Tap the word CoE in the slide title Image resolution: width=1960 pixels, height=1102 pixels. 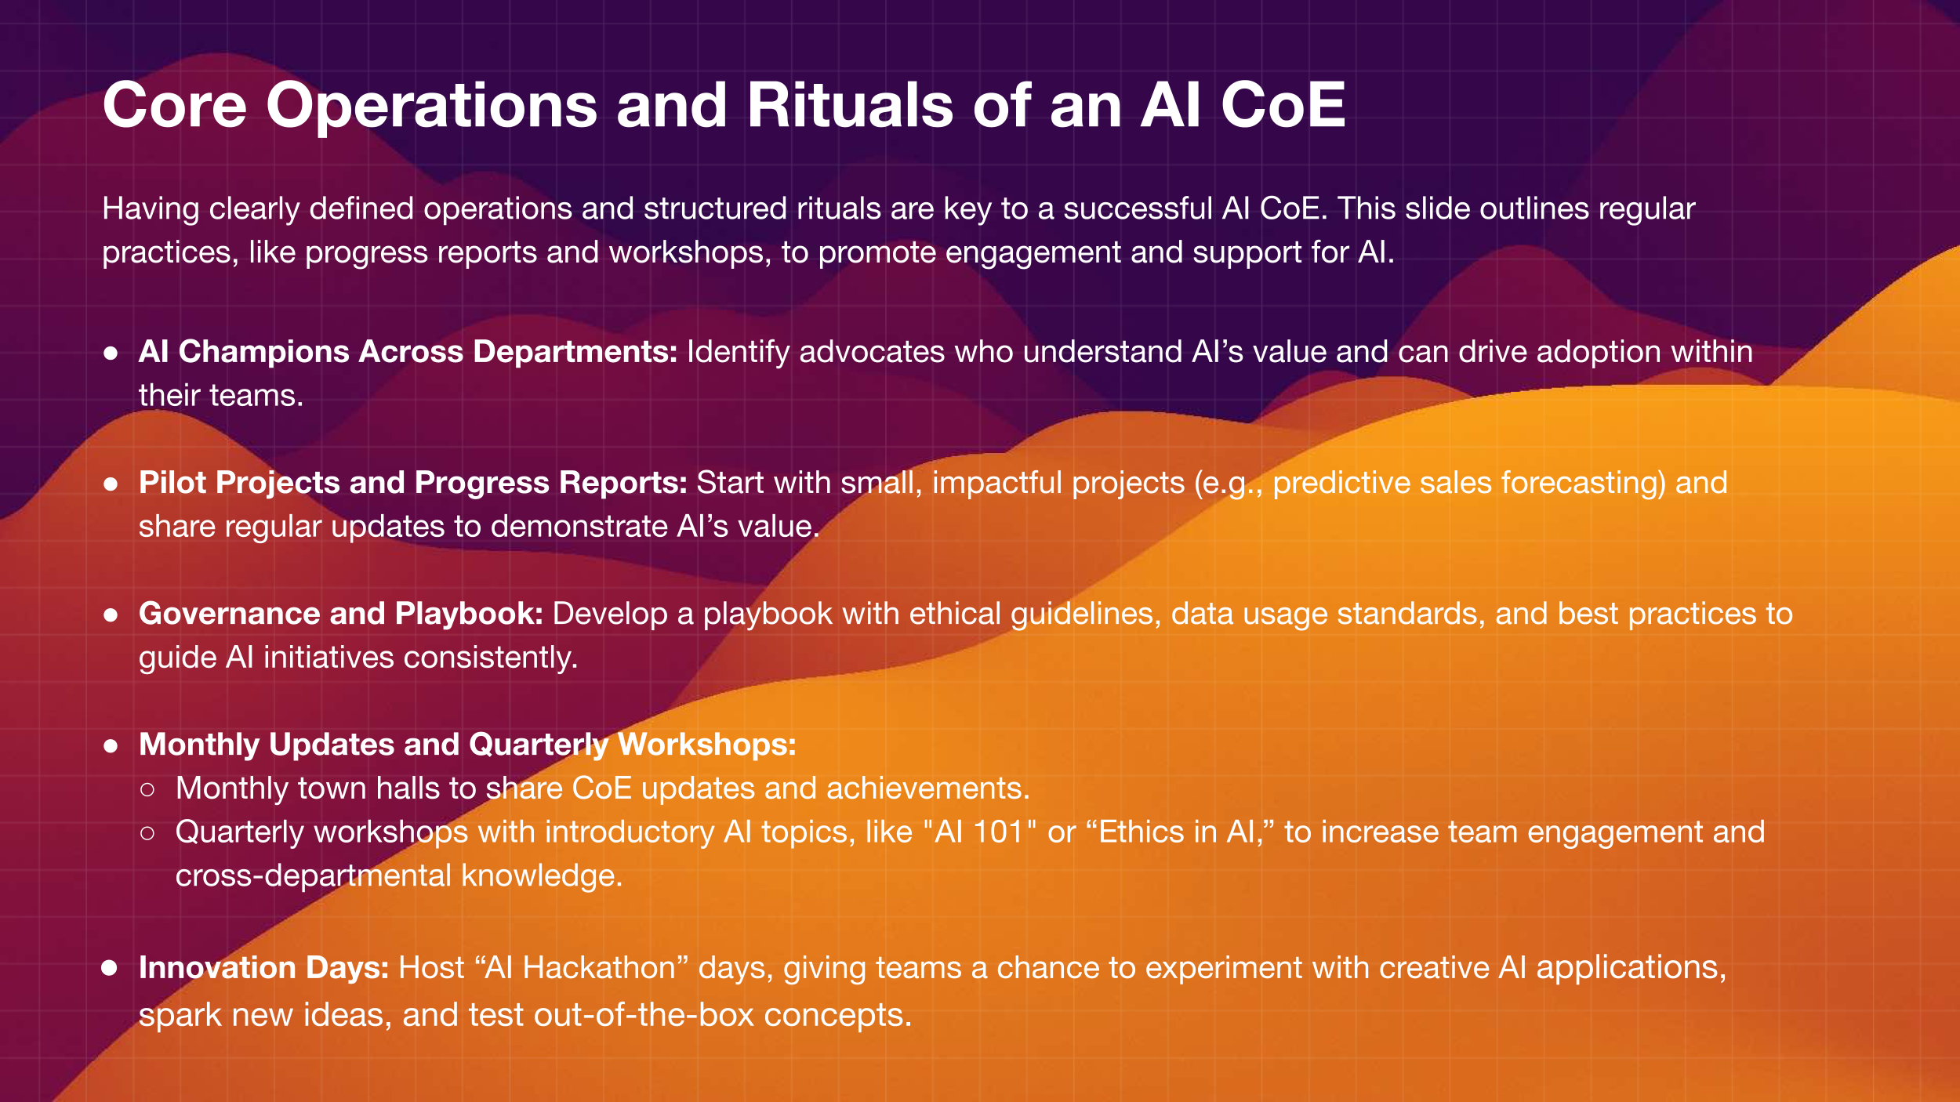[1283, 105]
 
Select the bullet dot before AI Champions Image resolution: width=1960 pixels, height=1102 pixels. [111, 353]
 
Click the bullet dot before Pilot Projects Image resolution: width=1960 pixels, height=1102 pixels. [111, 484]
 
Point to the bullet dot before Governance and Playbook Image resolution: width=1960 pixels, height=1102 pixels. [111, 615]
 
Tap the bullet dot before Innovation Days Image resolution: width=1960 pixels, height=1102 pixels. [110, 969]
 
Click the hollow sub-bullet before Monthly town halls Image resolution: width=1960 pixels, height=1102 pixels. [147, 790]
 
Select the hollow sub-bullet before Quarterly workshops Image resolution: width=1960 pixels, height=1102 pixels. [147, 834]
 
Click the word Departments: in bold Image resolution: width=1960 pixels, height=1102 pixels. [575, 353]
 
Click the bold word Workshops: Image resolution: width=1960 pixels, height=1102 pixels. [706, 745]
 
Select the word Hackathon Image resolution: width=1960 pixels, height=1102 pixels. [599, 968]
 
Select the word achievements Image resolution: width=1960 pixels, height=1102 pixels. [928, 788]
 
